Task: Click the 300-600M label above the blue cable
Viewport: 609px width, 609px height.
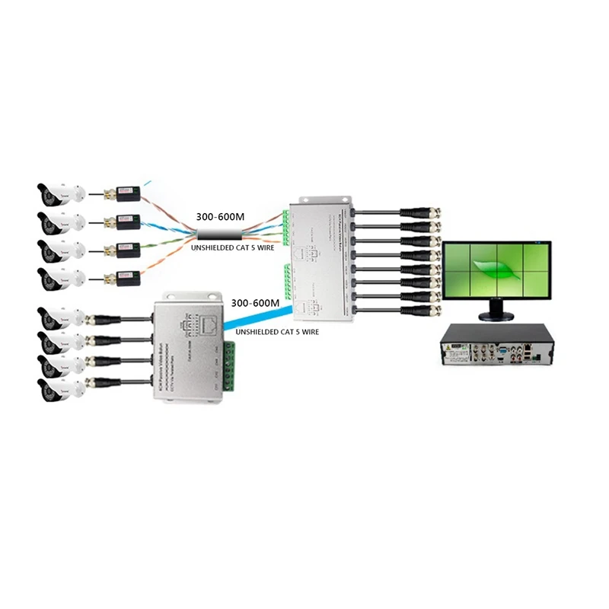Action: tap(256, 303)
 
